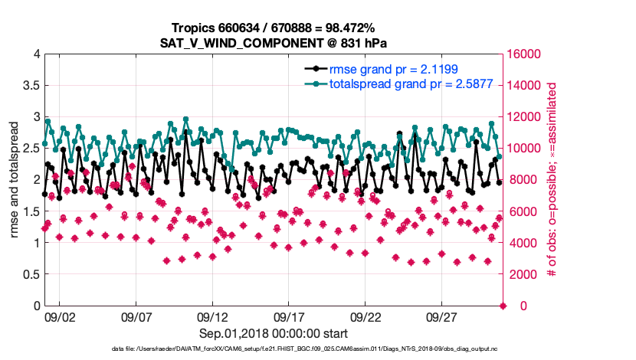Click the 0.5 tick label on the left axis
pos(28,274)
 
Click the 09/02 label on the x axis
pos(60,316)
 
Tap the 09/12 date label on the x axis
pos(212,316)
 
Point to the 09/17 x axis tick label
pos(289,316)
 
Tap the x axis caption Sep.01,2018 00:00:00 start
pos(274,333)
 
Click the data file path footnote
pos(316,349)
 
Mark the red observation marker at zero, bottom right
pos(503,306)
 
